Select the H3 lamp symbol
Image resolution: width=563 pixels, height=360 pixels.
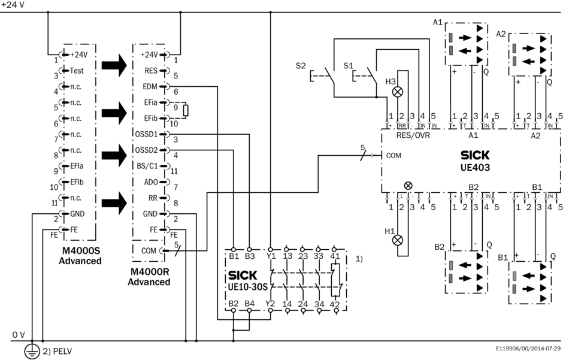click(x=396, y=92)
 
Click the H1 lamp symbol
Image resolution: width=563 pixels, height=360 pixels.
click(x=396, y=240)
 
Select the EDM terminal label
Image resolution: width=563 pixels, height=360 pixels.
click(x=150, y=87)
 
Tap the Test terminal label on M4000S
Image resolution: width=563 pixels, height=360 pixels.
click(x=77, y=71)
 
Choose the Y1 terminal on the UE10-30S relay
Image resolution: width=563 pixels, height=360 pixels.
click(x=271, y=257)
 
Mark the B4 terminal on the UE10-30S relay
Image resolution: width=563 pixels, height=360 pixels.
click(x=250, y=305)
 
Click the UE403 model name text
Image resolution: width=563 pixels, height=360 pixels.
click(x=477, y=168)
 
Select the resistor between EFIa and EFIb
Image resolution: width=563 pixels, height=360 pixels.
click(x=187, y=110)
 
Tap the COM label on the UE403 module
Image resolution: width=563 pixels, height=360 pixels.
click(x=394, y=155)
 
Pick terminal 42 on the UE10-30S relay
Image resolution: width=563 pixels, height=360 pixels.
click(x=335, y=305)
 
